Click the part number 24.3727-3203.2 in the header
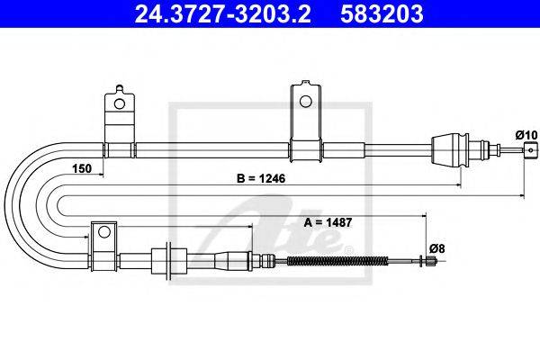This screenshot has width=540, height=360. point(223,13)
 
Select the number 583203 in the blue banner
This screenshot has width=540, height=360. point(382,13)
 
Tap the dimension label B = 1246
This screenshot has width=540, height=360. point(261,178)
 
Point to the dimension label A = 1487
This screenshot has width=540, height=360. point(328,223)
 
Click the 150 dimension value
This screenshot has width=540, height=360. point(82,169)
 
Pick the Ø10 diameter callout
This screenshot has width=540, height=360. point(526,135)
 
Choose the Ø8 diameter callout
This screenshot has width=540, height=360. point(437,248)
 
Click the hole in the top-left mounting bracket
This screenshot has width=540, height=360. point(120,103)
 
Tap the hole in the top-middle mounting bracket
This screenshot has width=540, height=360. point(305,102)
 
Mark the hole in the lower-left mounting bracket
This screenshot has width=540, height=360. point(104,232)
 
